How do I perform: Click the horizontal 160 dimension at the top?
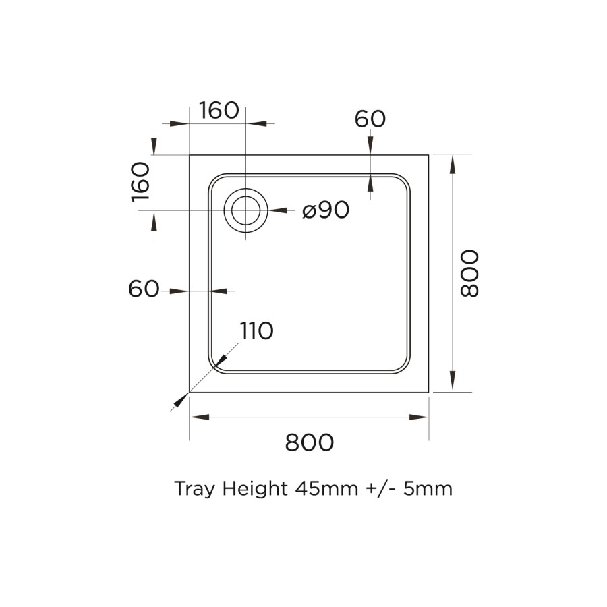pos(219,110)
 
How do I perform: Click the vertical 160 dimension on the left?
pos(140,182)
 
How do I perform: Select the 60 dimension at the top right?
pos(370,119)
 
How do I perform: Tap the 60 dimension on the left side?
pos(143,289)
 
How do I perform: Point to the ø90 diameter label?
pos(326,210)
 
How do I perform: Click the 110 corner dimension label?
pos(256,330)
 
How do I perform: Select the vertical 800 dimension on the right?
pos(468,273)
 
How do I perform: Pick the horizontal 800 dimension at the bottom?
pos(310,442)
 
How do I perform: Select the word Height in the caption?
pos(251,488)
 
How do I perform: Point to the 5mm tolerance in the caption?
pos(428,488)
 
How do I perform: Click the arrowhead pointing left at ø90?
pos(277,210)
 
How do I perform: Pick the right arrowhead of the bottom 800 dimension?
pos(420,417)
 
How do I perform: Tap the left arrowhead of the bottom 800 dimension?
pos(198,417)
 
